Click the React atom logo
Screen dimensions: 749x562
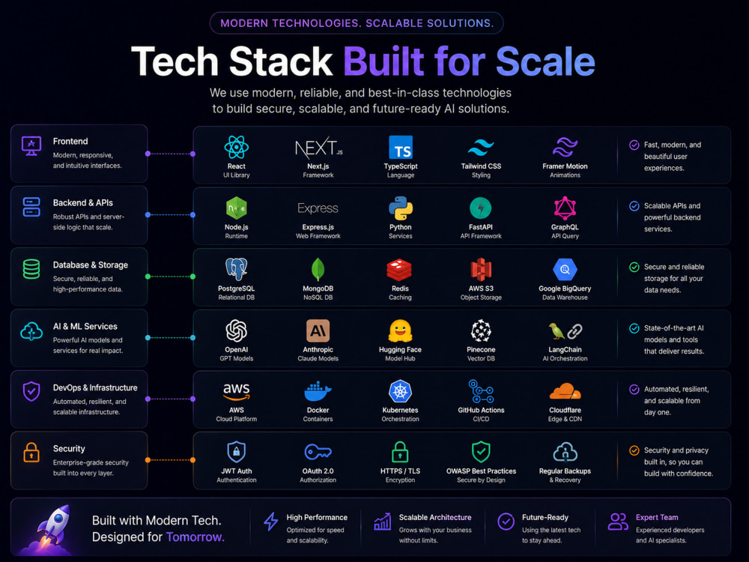(x=237, y=147)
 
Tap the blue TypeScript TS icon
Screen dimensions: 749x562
(x=400, y=147)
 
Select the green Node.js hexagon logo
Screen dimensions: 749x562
(x=237, y=208)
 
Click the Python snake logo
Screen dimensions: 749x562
(x=400, y=208)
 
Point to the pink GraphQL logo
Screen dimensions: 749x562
(x=565, y=208)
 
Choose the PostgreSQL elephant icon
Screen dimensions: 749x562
(x=237, y=270)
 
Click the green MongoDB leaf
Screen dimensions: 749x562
(x=318, y=270)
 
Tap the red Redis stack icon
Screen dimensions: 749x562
(x=399, y=270)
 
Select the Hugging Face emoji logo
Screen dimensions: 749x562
(x=400, y=330)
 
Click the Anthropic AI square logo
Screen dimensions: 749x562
(x=318, y=330)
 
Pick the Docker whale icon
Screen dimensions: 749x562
(x=318, y=392)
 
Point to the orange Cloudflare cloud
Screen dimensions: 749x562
(x=565, y=391)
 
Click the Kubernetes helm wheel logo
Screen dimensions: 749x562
(x=400, y=392)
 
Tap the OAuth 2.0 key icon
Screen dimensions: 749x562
(x=318, y=452)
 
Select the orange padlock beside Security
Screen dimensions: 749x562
(x=31, y=452)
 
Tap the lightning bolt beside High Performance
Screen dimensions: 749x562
(x=271, y=522)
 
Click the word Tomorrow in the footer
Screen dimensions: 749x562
(x=195, y=537)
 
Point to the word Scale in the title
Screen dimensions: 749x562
(x=545, y=61)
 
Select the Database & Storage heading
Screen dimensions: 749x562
(x=91, y=265)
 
